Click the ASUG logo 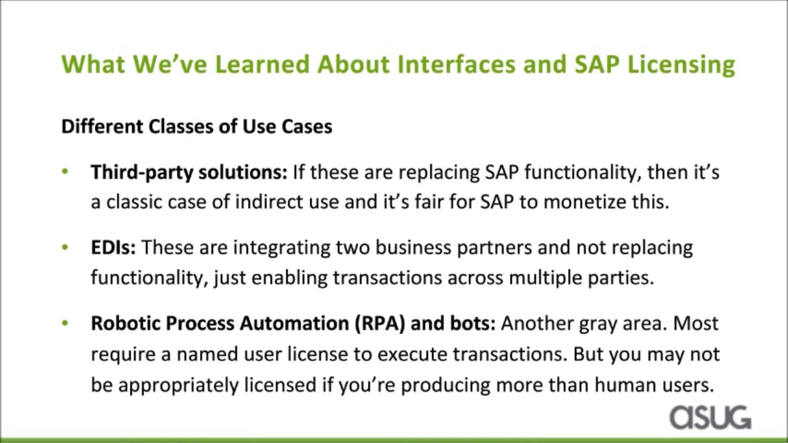[x=710, y=417]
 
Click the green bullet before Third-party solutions [x=65, y=172]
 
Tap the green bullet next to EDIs [x=65, y=247]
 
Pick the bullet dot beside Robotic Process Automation [x=65, y=323]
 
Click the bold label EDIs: [x=113, y=247]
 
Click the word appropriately [x=179, y=386]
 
